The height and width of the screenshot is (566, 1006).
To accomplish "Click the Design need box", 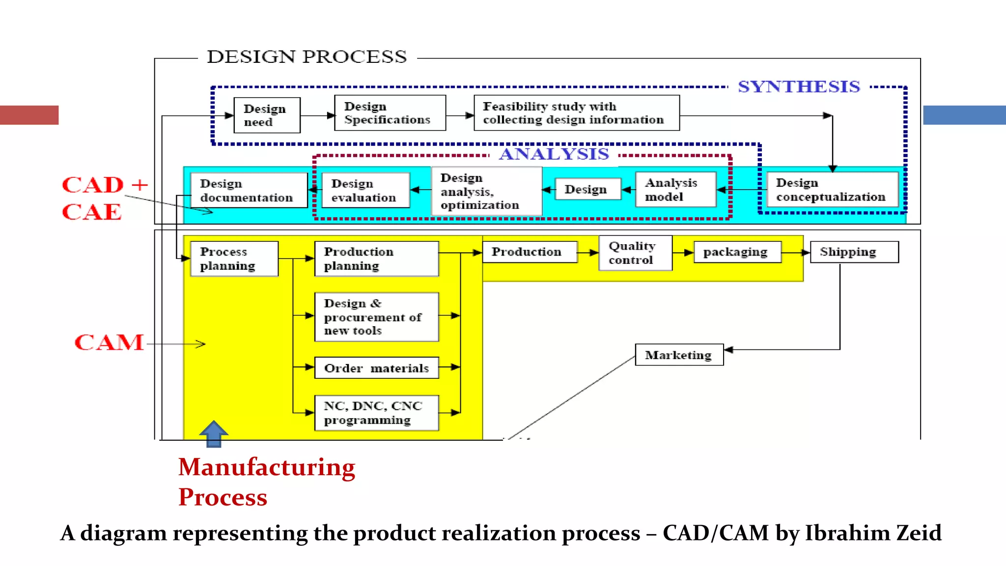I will [266, 115].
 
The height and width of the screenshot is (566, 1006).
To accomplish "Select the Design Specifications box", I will [390, 113].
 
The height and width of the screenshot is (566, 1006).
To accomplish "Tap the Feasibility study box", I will [576, 113].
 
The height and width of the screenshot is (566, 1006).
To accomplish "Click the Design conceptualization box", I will [832, 190].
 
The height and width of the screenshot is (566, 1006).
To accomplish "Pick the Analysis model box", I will [675, 190].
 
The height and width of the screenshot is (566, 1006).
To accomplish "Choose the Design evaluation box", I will [365, 191].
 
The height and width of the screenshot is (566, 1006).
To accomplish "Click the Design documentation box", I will [249, 191].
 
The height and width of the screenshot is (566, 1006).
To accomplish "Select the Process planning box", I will [234, 259].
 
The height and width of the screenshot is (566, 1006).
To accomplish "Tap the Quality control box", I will [635, 253].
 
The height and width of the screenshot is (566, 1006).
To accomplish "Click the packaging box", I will [737, 252].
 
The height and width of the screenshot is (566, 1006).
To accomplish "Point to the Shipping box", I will [854, 252].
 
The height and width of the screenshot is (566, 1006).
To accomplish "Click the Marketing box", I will [679, 355].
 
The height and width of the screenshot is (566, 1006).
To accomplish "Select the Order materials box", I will [376, 368].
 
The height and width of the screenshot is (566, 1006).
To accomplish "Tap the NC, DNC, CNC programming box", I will [376, 413].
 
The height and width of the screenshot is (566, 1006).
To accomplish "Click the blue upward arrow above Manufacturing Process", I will [214, 433].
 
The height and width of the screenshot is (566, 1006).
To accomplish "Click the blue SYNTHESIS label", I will [799, 87].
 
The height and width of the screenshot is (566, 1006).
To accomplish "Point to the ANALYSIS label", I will [554, 154].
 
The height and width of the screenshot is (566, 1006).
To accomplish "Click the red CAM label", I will [109, 342].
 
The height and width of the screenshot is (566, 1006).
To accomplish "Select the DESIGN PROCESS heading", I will [307, 57].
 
